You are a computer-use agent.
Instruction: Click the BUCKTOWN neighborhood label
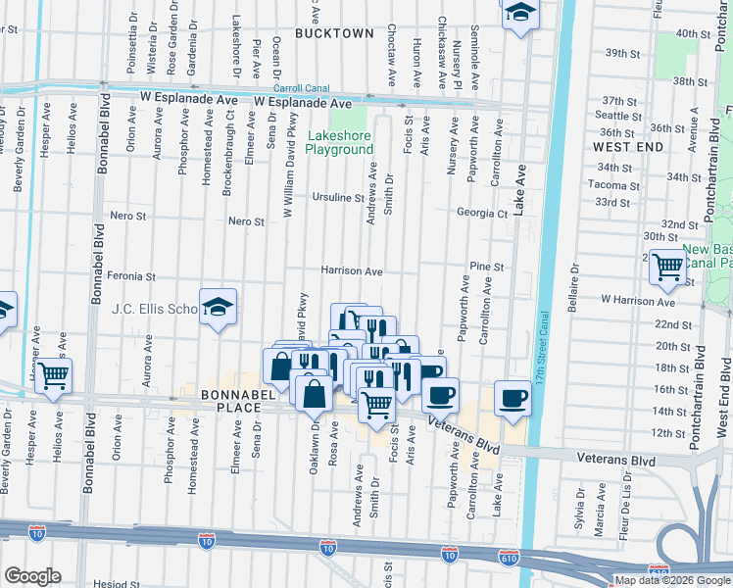pos(335,32)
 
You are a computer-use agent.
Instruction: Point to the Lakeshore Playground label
pos(339,142)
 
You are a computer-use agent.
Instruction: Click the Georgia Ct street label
pos(482,213)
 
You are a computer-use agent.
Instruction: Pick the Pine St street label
pos(486,266)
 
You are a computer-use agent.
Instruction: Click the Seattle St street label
pos(618,116)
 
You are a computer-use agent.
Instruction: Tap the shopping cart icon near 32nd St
pos(667,266)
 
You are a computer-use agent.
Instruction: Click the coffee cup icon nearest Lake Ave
pos(513,397)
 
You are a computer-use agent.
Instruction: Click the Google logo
pos(32,576)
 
